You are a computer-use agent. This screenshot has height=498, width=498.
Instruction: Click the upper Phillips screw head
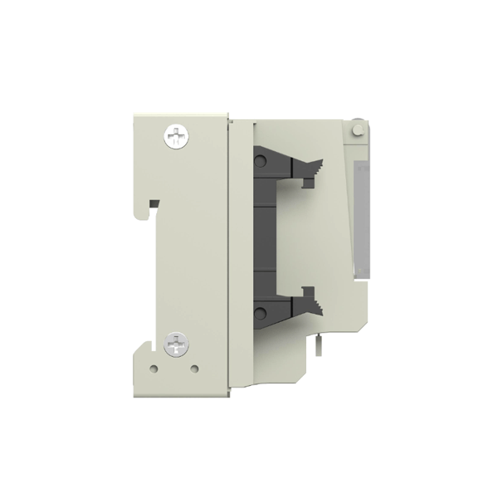click(x=178, y=135)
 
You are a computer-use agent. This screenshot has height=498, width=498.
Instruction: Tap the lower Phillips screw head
click(x=177, y=343)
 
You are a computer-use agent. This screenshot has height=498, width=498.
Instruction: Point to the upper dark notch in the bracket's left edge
click(x=154, y=203)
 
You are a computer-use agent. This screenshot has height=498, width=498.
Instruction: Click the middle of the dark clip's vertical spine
click(x=264, y=235)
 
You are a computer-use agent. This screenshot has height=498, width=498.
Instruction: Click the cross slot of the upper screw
click(x=178, y=135)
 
